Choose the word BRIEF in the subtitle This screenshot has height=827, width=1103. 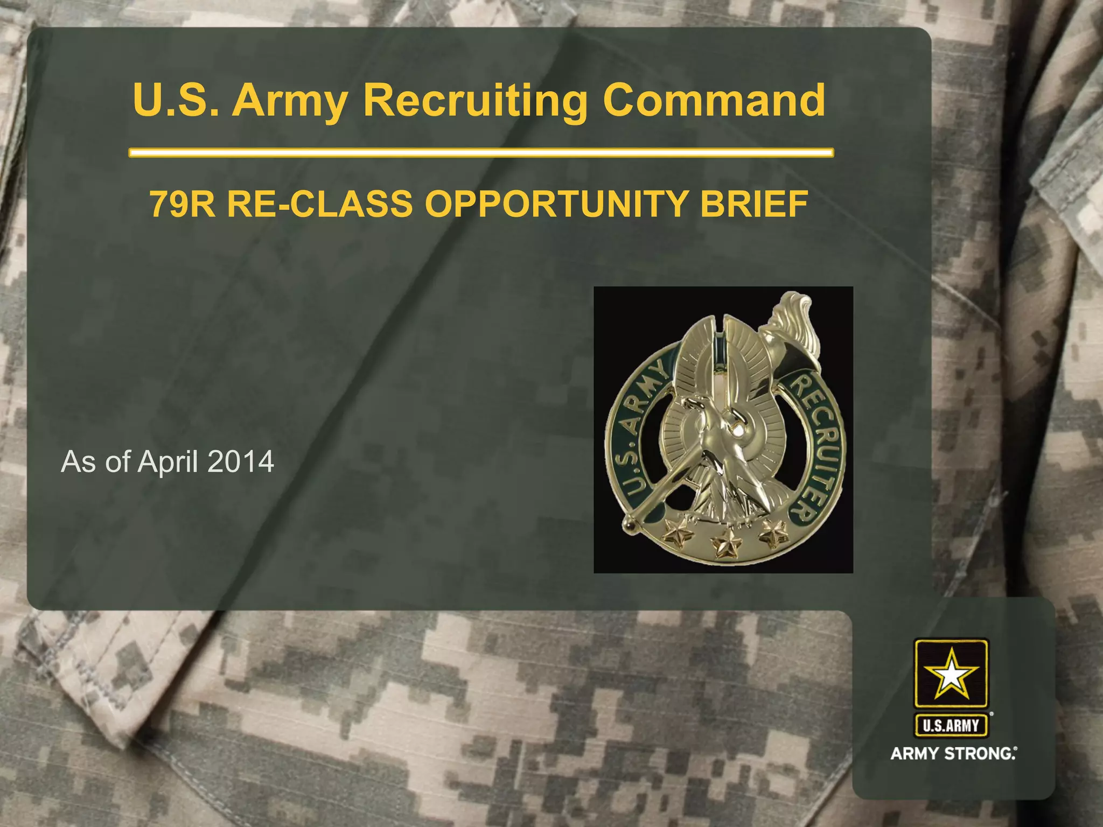pyautogui.click(x=753, y=204)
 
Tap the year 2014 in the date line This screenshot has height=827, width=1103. pyautogui.click(x=240, y=462)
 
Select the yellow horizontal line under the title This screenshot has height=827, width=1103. pyautogui.click(x=481, y=153)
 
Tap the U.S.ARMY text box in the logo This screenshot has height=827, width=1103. pyautogui.click(x=951, y=726)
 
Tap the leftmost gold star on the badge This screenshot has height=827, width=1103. pyautogui.click(x=677, y=534)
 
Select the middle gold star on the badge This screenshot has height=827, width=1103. pyautogui.click(x=725, y=545)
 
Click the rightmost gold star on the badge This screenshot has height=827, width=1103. pyautogui.click(x=774, y=533)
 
